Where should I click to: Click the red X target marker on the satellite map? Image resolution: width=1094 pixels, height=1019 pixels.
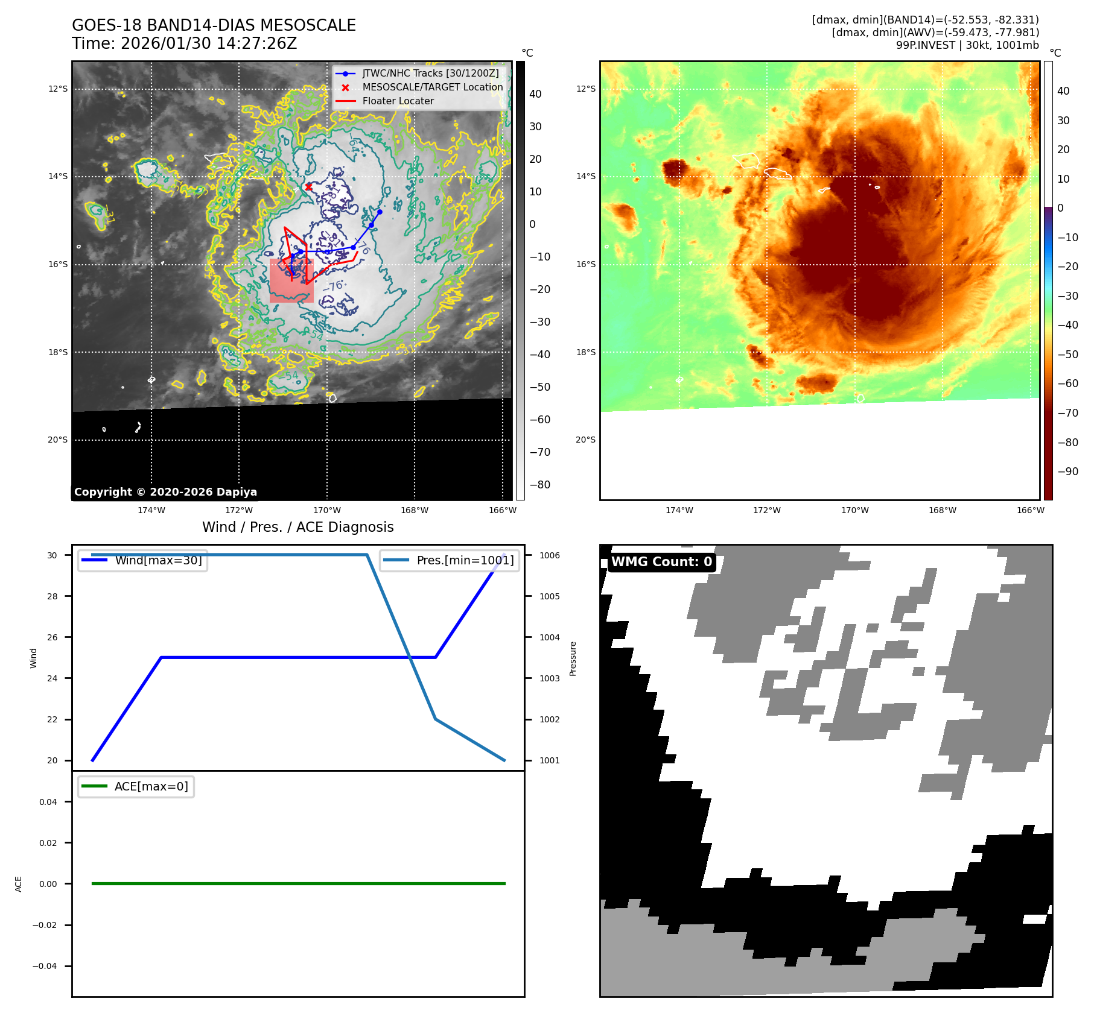(308, 187)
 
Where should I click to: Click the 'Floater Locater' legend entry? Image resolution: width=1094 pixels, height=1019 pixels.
(398, 101)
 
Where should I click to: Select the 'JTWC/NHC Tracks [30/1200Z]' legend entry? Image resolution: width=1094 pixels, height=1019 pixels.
(430, 74)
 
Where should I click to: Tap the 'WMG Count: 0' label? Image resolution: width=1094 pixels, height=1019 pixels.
(661, 562)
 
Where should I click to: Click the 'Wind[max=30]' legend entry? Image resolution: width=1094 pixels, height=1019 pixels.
(158, 560)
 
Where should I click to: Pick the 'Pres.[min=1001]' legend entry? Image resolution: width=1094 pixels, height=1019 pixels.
(465, 560)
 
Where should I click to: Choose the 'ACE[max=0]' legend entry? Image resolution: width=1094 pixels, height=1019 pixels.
(151, 786)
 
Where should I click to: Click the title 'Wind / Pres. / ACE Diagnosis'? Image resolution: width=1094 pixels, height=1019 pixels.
(297, 527)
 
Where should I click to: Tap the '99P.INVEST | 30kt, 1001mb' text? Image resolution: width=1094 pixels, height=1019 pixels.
(967, 45)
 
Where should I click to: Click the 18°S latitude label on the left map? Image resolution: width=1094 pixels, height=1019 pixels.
(58, 352)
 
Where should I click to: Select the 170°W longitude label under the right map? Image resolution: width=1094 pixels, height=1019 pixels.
(855, 510)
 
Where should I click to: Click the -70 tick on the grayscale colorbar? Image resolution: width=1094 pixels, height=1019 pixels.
(539, 452)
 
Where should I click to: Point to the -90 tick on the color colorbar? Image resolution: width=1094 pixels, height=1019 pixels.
(1067, 472)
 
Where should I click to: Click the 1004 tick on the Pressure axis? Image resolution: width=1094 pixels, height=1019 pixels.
(549, 637)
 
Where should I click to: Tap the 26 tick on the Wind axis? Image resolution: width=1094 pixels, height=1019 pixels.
(52, 637)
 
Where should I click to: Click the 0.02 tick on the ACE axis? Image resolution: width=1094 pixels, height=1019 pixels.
(48, 843)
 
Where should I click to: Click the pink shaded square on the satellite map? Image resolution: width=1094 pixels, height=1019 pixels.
(291, 281)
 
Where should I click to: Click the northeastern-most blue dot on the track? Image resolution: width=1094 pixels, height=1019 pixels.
(380, 212)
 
